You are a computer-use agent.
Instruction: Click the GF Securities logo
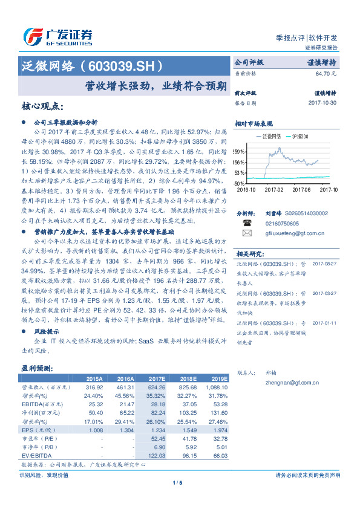coord(57,36)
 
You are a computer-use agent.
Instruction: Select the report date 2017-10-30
coord(322,103)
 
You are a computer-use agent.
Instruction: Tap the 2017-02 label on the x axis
coord(275,189)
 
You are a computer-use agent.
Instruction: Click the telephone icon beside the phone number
coord(246,222)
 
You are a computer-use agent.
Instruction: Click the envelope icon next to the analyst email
coord(246,232)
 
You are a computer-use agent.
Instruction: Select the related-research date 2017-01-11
coord(325,322)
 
